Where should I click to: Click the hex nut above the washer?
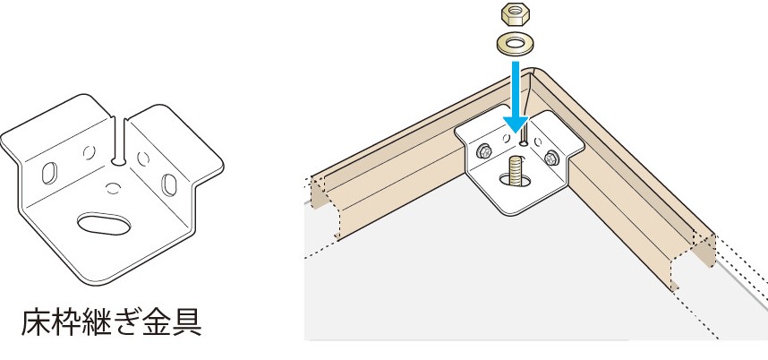(516, 13)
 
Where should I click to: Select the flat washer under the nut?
(516, 45)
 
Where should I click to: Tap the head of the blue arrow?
(516, 124)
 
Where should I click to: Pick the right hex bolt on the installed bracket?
(551, 157)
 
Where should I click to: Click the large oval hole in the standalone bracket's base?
(105, 224)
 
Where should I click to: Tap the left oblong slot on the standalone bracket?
(49, 173)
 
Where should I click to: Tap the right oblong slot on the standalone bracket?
(169, 184)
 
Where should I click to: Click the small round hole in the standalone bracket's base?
(113, 187)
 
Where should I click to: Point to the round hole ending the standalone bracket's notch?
(117, 160)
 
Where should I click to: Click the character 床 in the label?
(36, 321)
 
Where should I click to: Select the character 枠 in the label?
(66, 321)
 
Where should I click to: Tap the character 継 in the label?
(97, 321)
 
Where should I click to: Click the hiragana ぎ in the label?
(126, 321)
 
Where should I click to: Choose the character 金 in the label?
(157, 321)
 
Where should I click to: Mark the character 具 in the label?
(186, 321)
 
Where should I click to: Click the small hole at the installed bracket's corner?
(524, 143)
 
